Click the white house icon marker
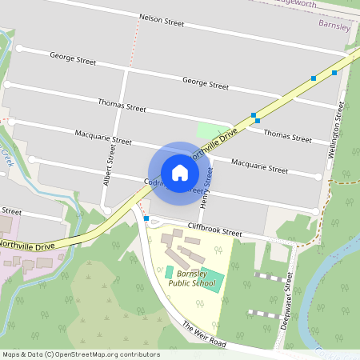tap(180, 172)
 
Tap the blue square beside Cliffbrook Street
tap(146, 218)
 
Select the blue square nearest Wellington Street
tap(334, 73)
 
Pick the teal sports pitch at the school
tap(196, 278)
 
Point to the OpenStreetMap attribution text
tap(81, 354)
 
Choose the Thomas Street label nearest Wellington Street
tap(287, 138)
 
